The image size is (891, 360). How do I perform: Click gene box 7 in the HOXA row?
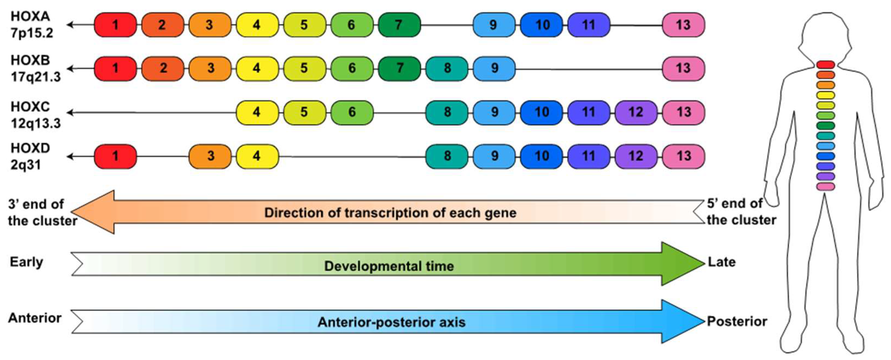(399, 25)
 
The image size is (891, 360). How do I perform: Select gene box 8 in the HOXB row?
(447, 68)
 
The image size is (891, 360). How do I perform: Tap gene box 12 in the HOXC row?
(635, 112)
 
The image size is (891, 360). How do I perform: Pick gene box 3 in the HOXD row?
(210, 156)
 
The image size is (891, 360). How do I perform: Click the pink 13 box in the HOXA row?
(683, 25)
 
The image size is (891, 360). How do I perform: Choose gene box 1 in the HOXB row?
(115, 68)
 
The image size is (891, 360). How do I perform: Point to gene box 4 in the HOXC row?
(257, 112)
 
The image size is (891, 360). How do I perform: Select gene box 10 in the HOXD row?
(541, 156)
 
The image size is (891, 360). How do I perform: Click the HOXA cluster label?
(30, 16)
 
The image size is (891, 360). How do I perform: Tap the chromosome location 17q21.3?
(36, 77)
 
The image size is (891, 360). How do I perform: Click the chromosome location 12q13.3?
(36, 123)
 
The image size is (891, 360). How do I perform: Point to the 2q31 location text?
(26, 165)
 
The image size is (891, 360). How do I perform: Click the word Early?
(26, 262)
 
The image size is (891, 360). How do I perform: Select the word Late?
(722, 262)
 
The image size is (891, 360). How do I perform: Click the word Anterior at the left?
(35, 318)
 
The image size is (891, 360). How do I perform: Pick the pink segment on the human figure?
(826, 187)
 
